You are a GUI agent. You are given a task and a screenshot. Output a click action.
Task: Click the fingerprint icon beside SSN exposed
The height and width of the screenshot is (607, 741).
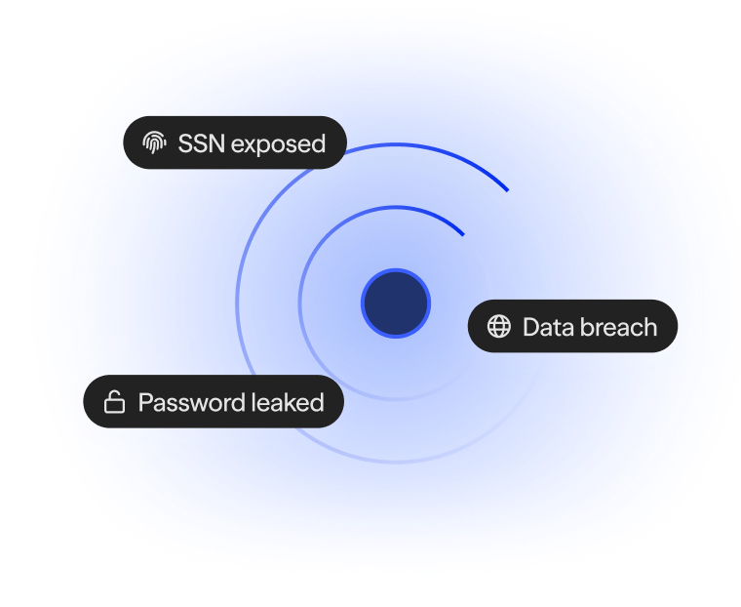pos(154,143)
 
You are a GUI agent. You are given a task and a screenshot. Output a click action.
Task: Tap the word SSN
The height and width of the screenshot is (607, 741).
pos(201,143)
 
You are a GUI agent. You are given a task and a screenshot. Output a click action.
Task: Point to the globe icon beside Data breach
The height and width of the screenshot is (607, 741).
pos(499,327)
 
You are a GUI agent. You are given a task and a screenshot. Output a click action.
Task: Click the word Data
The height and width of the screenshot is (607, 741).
pos(547,327)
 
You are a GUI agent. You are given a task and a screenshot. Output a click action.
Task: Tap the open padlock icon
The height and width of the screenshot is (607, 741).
pos(114,402)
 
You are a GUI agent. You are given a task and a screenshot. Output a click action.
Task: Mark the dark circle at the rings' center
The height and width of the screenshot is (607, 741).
pos(396,303)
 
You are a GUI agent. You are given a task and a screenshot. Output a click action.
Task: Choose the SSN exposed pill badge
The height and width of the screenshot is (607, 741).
pos(235,143)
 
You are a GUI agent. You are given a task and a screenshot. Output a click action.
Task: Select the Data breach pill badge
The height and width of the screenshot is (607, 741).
pos(572,327)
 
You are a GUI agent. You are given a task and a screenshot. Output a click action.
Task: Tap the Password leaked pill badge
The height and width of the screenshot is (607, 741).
pos(214,402)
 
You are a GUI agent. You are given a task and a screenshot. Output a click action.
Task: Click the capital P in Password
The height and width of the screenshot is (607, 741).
pos(145,402)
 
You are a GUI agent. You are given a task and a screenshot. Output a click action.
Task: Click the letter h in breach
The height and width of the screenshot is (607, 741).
pos(650,327)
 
